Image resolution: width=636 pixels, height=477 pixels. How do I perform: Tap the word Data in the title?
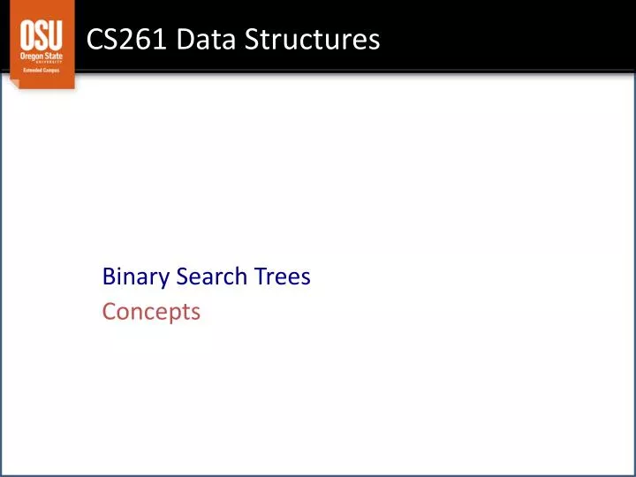[196, 40]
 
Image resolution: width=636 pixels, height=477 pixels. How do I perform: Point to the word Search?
[210, 276]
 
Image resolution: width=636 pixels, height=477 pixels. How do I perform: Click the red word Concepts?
[151, 312]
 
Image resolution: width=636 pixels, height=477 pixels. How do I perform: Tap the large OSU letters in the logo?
[42, 36]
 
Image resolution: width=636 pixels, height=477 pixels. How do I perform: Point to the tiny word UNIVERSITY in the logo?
[51, 62]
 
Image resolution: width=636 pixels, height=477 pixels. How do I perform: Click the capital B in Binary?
[109, 276]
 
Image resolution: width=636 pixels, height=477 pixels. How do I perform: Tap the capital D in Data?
[179, 40]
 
